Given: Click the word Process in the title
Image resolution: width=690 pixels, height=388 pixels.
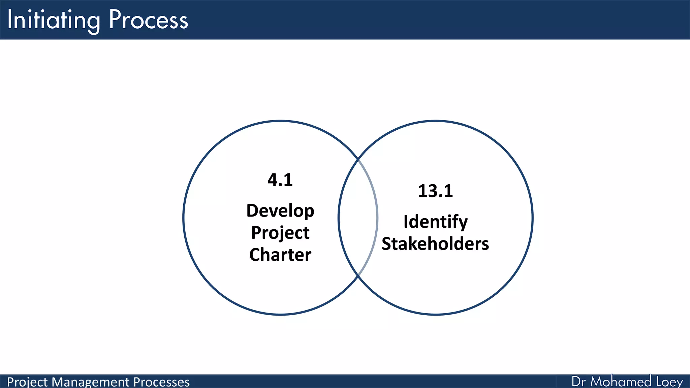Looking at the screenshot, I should pos(148,20).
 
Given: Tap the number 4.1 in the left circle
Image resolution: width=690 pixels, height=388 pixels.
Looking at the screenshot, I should pos(280,180).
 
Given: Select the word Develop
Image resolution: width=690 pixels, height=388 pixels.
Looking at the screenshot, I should pos(280,211).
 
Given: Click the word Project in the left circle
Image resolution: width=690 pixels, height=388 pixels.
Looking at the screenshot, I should pos(280,233).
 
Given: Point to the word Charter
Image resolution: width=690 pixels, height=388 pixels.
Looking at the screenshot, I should pos(280,255).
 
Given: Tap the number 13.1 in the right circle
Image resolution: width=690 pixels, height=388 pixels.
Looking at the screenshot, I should pos(435,191).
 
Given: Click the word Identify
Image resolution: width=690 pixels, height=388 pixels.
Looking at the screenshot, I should pos(435,222).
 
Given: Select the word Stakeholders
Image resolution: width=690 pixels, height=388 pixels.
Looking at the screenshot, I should pos(435,244).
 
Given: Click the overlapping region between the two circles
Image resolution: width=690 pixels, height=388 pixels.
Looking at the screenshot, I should pos(358,218).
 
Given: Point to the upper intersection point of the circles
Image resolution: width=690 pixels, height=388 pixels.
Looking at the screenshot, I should pos(358,159).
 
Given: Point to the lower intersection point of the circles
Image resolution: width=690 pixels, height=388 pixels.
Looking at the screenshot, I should pos(358,276).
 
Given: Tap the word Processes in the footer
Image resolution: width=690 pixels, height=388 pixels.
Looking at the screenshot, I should pos(161,382).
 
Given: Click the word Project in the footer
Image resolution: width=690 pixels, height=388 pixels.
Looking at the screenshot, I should pos(27,382).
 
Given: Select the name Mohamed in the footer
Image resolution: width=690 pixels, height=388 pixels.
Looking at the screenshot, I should pos(621,382).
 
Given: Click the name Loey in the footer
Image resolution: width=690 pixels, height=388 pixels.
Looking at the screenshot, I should pos(669,382).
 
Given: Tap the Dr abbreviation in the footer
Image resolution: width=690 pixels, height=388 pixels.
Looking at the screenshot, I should pos(578,382).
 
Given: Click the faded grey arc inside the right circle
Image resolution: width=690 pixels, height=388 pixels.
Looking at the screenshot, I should pos(377,218).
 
